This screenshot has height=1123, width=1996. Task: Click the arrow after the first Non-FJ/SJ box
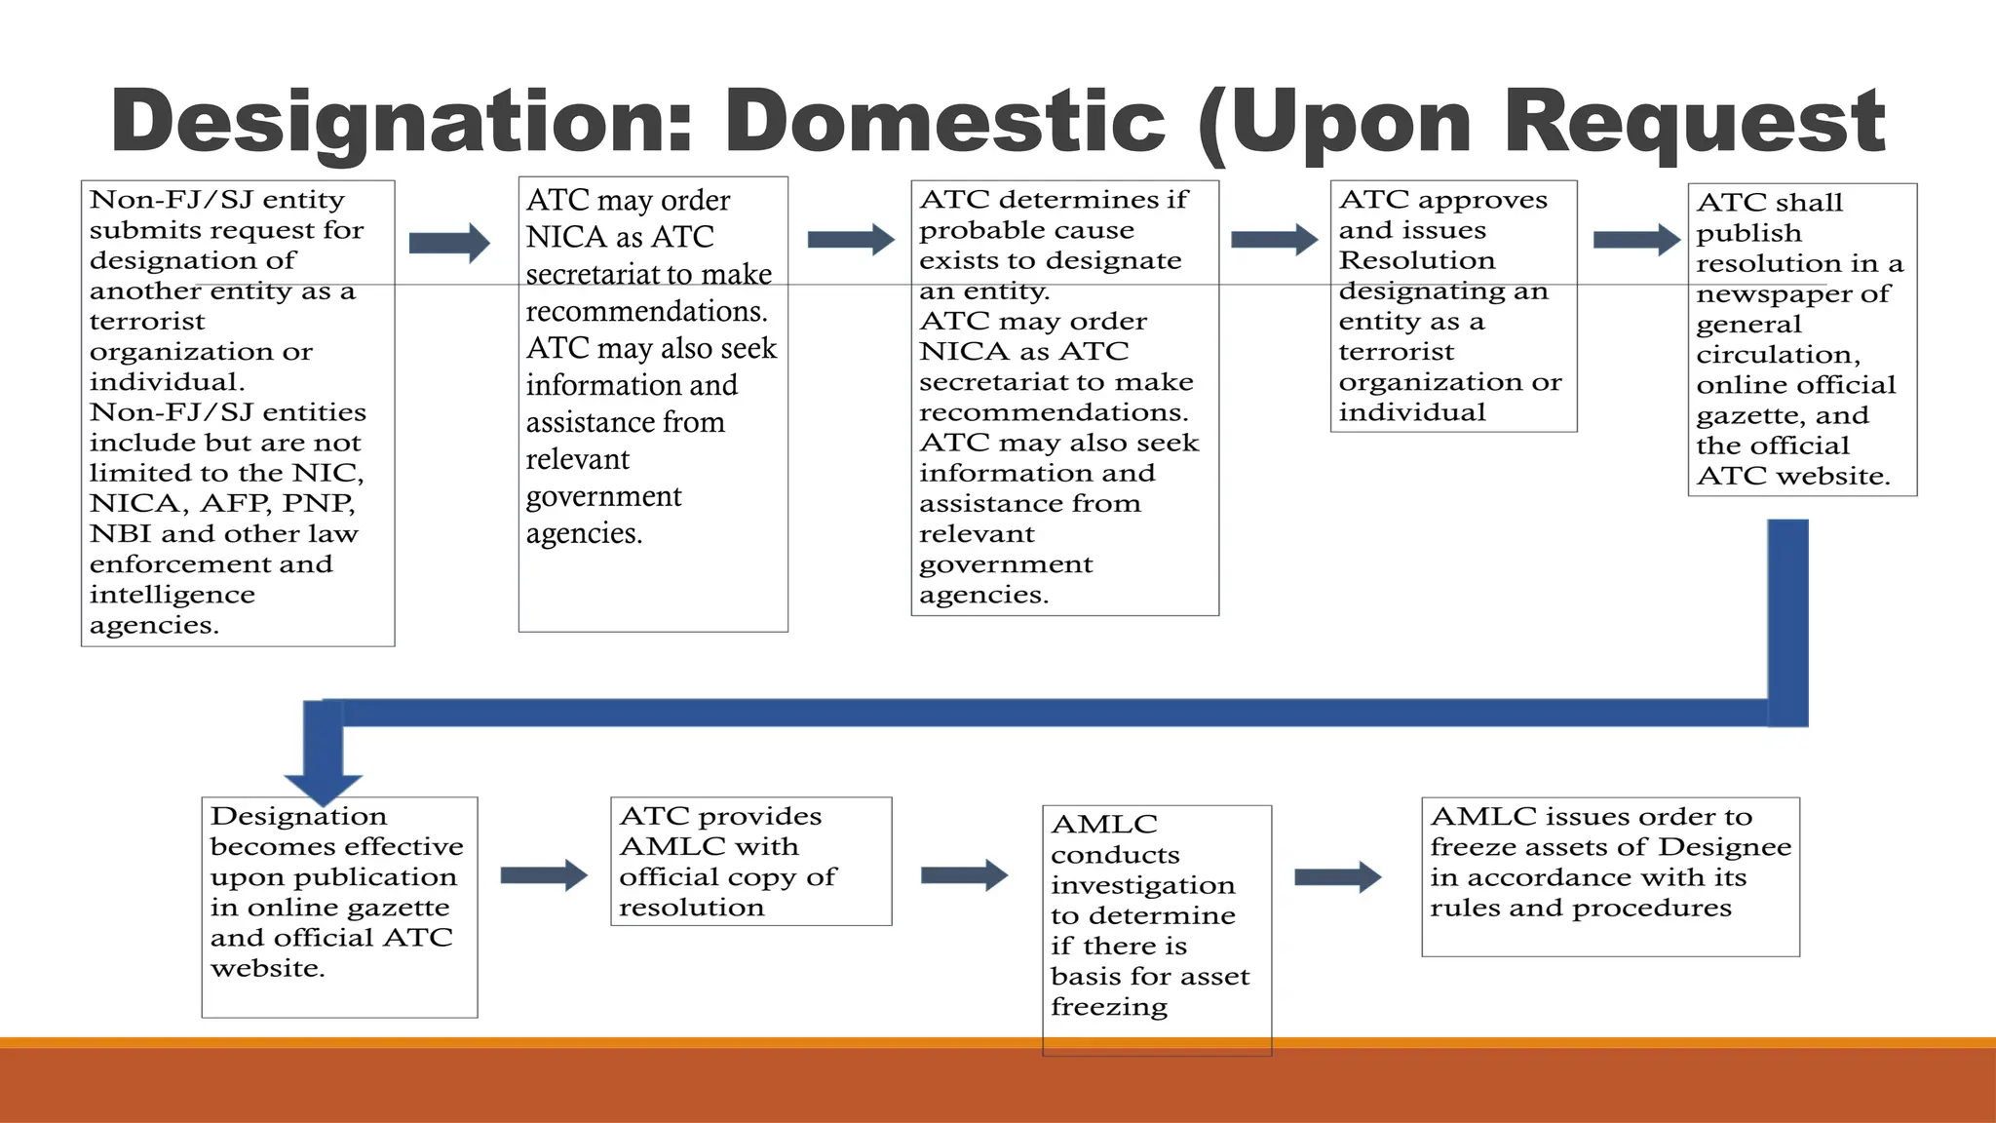coord(449,243)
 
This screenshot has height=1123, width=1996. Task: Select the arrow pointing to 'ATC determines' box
coord(851,240)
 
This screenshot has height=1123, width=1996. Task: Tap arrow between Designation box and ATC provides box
coord(544,875)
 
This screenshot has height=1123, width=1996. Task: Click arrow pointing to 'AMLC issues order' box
coord(1338,877)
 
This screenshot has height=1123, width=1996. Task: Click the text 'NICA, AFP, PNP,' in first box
coord(222,504)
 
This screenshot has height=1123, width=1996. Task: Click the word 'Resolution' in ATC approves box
coord(1416,261)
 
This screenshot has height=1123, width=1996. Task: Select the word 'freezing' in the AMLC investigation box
coord(1109,1007)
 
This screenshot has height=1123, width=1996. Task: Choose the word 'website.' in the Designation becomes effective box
coord(268,969)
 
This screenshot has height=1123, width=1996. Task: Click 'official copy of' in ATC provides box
coord(727,877)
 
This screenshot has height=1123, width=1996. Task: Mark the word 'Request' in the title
coord(1694,122)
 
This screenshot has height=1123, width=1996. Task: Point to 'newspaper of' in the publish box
coord(1792,294)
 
